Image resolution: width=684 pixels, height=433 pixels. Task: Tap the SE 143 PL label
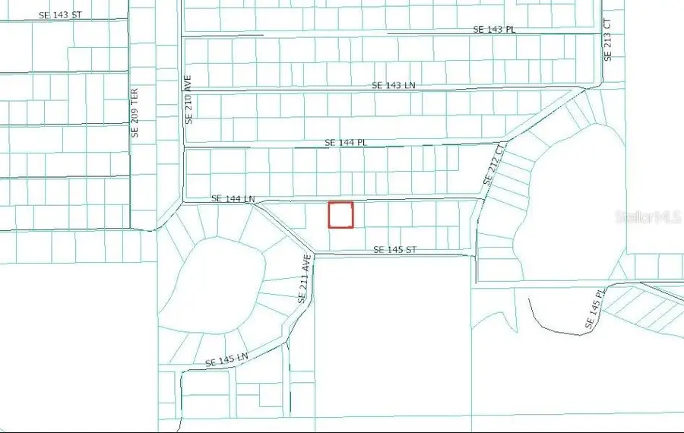(494, 29)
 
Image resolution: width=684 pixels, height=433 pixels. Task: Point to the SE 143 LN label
(394, 85)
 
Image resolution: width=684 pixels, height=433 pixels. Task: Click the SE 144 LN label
(233, 198)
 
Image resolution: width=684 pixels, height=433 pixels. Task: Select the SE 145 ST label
(394, 250)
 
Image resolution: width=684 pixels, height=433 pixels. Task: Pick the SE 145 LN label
(226, 359)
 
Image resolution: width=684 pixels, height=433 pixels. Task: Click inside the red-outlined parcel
(340, 214)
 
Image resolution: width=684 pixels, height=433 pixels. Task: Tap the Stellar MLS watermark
(648, 218)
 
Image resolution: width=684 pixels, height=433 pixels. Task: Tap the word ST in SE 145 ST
(410, 250)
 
